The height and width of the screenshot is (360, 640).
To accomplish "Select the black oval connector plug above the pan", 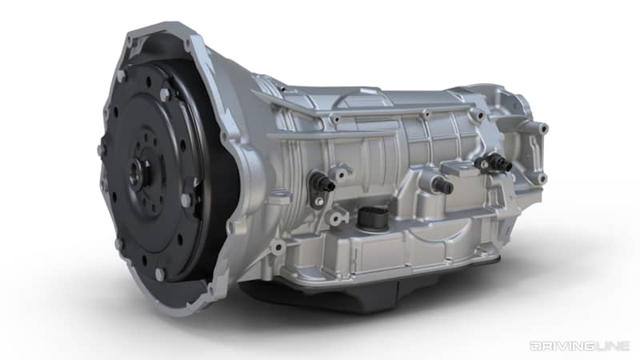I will click(373, 215).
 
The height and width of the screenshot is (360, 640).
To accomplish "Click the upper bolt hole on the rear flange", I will click(543, 128).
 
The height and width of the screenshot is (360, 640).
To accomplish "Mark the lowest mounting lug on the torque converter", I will click(159, 273).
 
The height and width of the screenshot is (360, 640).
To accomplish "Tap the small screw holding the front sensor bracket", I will click(319, 202).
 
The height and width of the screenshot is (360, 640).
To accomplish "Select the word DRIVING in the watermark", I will click(558, 346).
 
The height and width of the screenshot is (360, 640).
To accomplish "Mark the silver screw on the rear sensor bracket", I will click(480, 163).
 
